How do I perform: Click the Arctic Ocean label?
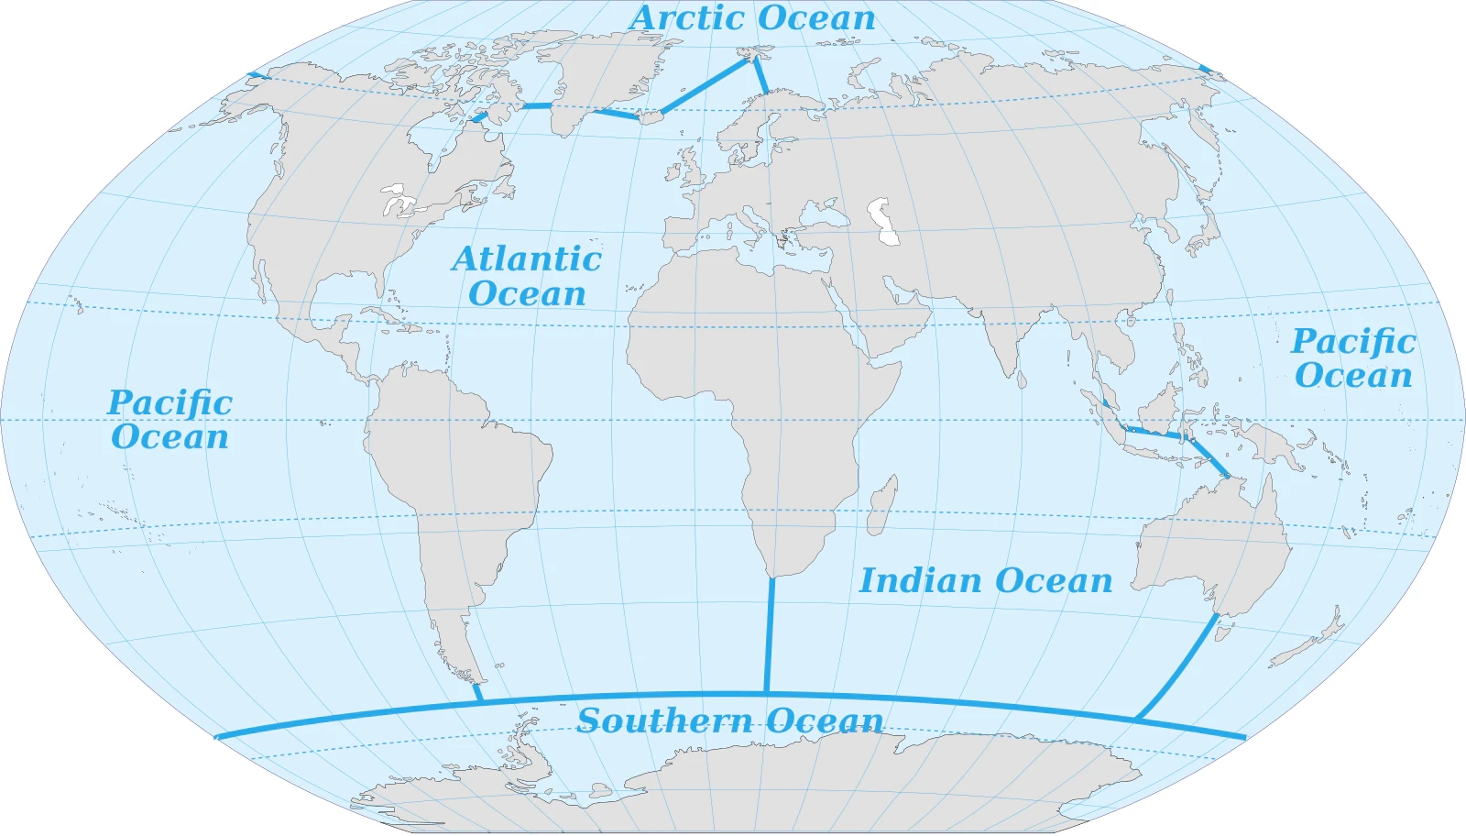[752, 18]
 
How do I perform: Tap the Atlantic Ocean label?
[527, 276]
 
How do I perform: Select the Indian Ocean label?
[986, 580]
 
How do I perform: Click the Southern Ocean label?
[730, 720]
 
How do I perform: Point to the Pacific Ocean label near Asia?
[1353, 357]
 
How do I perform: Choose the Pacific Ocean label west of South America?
[170, 419]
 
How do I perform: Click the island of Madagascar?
[881, 507]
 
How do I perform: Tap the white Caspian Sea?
[885, 222]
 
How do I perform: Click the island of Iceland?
[651, 117]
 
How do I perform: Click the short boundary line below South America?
[477, 693]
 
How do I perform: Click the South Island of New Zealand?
[1301, 653]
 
